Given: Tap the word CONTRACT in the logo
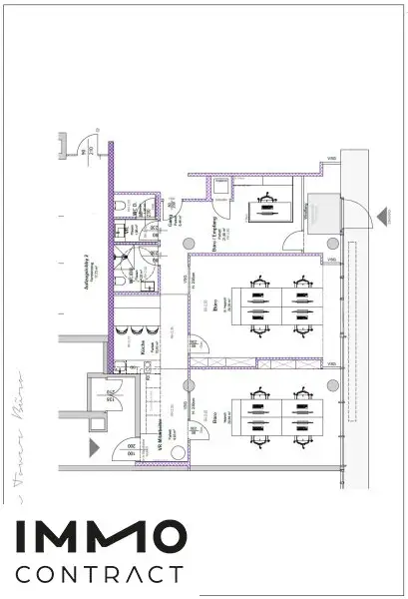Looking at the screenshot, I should click(x=100, y=575).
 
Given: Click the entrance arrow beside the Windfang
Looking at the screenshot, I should click(x=380, y=215).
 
